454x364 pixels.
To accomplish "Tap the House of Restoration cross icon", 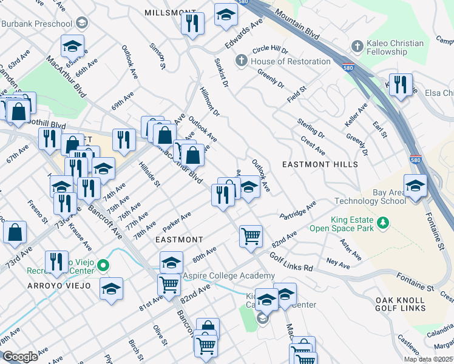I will (x=242, y=61).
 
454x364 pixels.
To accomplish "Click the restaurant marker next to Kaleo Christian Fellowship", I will (x=400, y=85).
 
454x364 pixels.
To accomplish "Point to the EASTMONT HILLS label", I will (x=320, y=164).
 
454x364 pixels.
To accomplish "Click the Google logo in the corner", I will (x=21, y=356).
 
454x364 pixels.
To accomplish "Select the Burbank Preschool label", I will (x=36, y=24).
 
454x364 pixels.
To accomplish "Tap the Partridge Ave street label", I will (x=298, y=212).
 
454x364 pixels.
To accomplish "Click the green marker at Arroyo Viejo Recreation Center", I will (x=103, y=265).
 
